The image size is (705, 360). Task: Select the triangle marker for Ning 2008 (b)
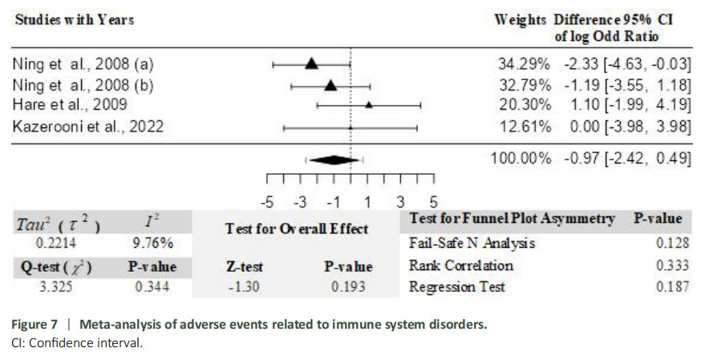click(x=330, y=84)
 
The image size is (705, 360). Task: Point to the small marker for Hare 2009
click(x=368, y=104)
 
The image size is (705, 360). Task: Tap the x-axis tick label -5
click(x=268, y=201)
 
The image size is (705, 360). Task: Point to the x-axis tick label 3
click(x=400, y=201)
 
